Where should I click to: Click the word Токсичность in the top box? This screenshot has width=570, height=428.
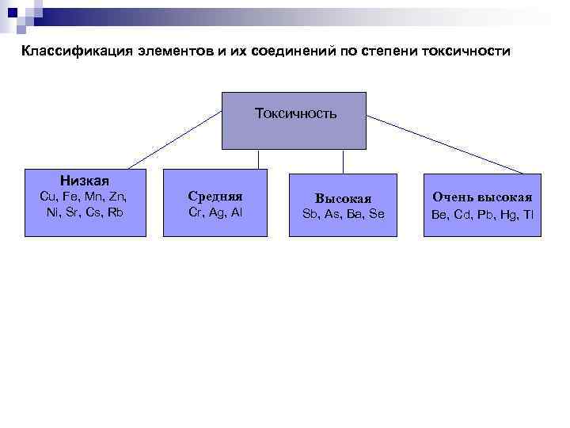295,113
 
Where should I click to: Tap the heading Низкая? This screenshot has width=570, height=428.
85,181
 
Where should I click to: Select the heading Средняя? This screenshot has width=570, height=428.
215,196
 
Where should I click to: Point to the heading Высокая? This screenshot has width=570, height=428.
343,198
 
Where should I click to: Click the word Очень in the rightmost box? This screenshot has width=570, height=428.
453,197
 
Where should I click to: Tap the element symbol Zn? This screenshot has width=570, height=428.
117,196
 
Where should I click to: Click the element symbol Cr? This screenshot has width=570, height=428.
196,212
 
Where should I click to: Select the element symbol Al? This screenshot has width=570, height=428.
236,212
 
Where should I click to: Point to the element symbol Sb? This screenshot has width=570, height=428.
310,214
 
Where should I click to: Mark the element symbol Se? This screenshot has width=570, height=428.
376,214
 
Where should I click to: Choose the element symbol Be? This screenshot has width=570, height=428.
439,214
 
